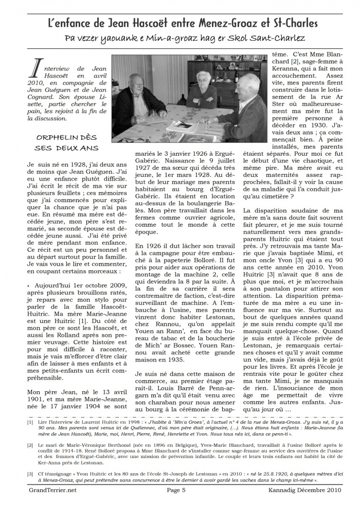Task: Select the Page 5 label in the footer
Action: point(179,490)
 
